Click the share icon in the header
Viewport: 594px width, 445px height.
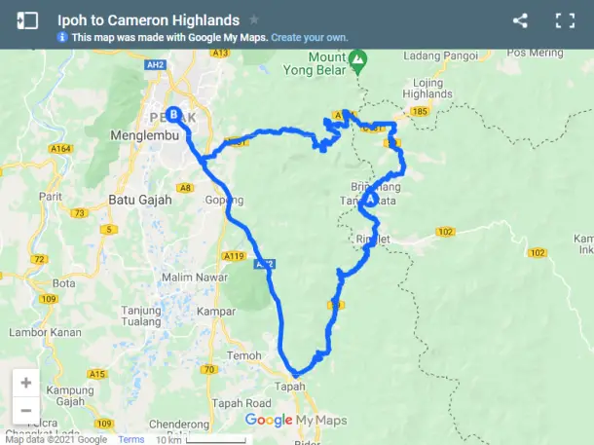(x=520, y=20)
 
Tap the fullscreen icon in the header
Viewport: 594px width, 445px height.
(x=565, y=20)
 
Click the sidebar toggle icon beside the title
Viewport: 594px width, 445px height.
(x=27, y=20)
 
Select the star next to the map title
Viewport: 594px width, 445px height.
(x=254, y=19)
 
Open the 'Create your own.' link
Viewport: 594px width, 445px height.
(x=309, y=37)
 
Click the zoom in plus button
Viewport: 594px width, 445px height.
(x=26, y=383)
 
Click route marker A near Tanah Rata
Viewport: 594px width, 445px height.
(x=370, y=198)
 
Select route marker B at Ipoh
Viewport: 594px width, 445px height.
(x=173, y=114)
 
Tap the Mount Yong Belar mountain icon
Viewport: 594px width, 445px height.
(x=358, y=61)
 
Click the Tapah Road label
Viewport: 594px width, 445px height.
(x=244, y=403)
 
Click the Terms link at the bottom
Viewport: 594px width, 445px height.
(x=130, y=439)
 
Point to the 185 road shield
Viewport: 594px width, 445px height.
(x=420, y=113)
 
